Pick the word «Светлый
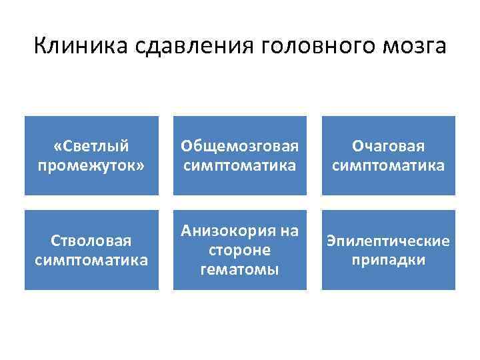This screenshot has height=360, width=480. [91, 146]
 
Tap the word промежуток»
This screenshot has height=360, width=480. [91, 164]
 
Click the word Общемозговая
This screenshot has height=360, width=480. [241, 146]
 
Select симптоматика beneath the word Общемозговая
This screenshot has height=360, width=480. [241, 164]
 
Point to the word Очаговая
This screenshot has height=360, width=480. [389, 146]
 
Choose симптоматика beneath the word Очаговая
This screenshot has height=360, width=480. [389, 164]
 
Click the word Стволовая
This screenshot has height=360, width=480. [91, 240]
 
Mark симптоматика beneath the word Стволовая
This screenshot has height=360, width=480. [91, 259]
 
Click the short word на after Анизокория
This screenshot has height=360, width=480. [289, 231]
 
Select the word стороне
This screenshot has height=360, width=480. [240, 249]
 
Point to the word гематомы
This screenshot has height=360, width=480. [240, 268]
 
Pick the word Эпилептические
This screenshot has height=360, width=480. [389, 240]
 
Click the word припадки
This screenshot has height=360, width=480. [389, 259]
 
